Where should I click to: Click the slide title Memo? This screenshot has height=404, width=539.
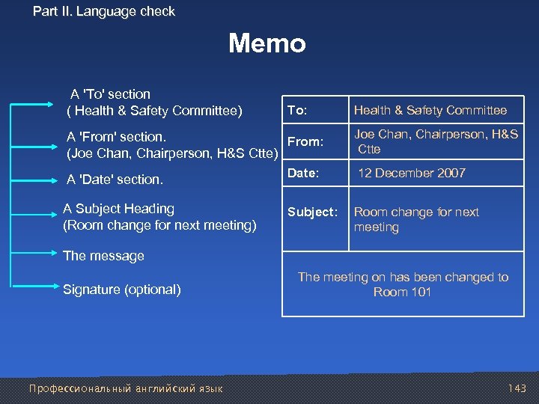click(267, 43)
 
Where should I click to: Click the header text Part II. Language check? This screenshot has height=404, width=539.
click(104, 11)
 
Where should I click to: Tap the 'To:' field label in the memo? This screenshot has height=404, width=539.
click(297, 110)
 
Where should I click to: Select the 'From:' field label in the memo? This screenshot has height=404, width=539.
click(305, 141)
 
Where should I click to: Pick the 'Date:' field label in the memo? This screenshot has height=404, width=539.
click(303, 173)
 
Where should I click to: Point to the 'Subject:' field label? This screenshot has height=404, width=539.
click(311, 212)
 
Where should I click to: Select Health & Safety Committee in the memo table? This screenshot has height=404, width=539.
click(430, 110)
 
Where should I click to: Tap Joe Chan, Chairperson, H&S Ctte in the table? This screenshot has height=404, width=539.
click(436, 141)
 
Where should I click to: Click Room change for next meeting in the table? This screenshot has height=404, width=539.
click(416, 219)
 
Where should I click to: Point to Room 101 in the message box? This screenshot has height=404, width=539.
click(402, 292)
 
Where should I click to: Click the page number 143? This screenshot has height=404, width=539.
click(517, 388)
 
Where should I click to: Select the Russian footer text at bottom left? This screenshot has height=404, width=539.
click(125, 388)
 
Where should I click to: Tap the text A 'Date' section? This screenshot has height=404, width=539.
click(115, 180)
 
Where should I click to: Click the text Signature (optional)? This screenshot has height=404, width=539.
click(122, 290)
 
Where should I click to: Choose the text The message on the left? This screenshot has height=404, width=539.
click(103, 256)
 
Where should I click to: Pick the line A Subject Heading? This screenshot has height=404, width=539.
click(118, 209)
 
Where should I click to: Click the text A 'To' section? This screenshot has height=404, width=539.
click(110, 94)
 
